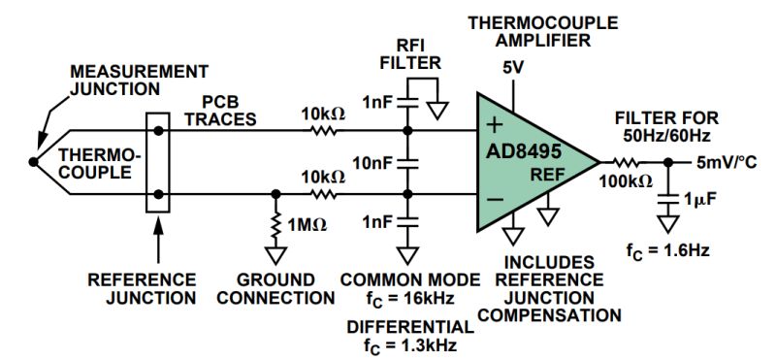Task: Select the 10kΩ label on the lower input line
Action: [320, 178]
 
